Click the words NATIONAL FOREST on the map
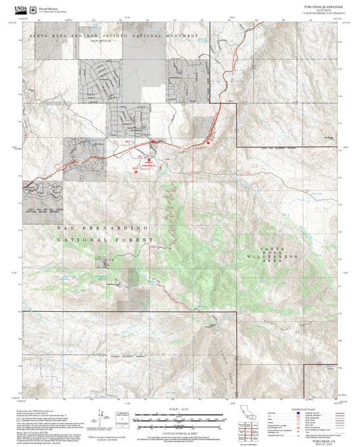click(x=105, y=239)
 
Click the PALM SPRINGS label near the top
click(x=101, y=41)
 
